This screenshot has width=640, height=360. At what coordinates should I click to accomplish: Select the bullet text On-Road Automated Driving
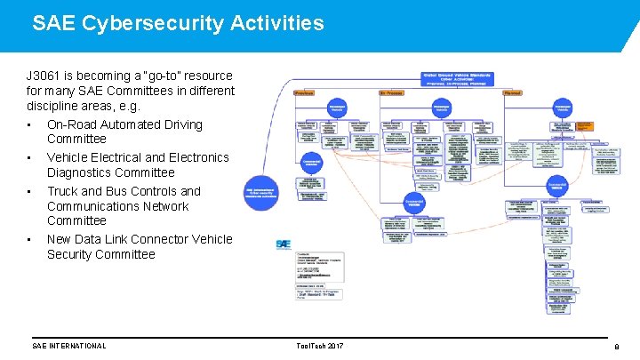click(124, 124)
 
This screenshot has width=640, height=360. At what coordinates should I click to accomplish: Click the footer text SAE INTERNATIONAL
click(68, 346)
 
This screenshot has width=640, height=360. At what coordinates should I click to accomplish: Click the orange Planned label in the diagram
click(512, 92)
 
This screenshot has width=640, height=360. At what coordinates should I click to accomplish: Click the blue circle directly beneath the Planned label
click(563, 108)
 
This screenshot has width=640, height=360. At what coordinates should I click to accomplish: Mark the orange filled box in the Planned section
click(584, 126)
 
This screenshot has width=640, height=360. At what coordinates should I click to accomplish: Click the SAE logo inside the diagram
click(283, 243)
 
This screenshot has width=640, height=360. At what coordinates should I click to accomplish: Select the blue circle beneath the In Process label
click(442, 108)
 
